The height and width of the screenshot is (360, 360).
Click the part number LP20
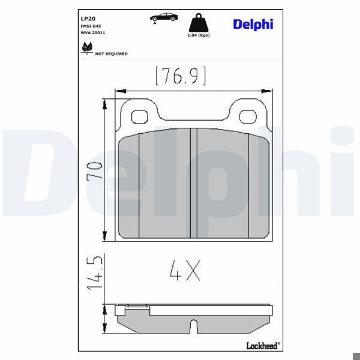click(88, 19)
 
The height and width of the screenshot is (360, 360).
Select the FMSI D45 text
click(91, 26)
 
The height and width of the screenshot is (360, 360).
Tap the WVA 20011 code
click(93, 33)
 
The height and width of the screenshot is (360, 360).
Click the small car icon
click(164, 18)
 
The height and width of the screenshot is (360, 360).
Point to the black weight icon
click(199, 23)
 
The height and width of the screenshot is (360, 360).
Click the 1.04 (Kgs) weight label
click(199, 35)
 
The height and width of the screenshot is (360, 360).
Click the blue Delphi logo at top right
click(253, 25)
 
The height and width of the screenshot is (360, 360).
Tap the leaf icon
click(87, 48)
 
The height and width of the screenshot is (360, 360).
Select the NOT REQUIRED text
click(112, 54)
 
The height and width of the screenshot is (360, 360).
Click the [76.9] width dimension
click(181, 76)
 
